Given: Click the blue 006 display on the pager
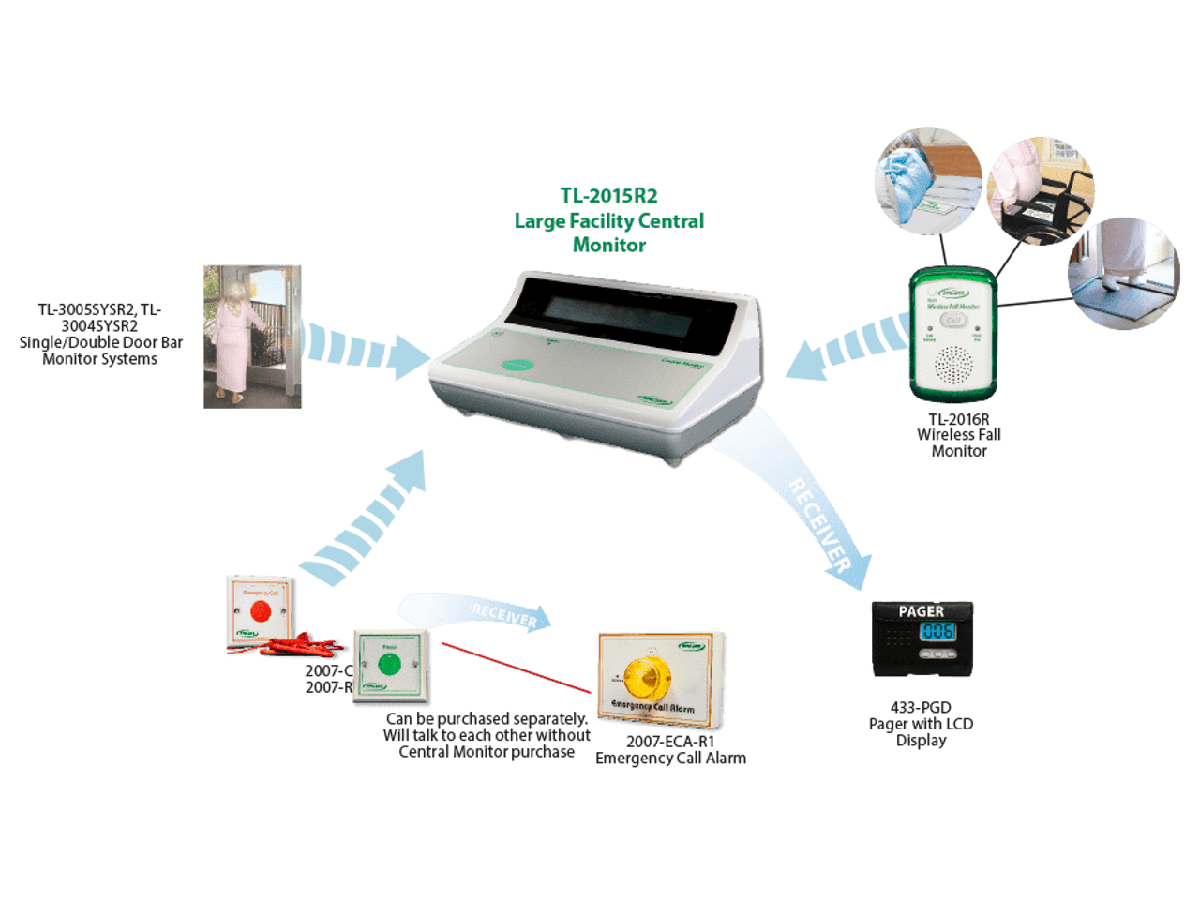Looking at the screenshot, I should tap(937, 632).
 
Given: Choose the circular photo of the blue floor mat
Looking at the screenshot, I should tap(1122, 273).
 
